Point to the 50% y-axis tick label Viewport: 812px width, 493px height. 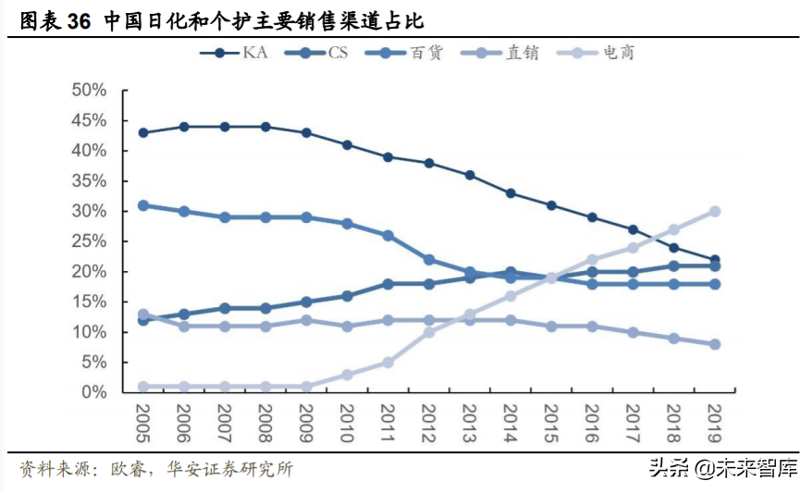pos(89,90)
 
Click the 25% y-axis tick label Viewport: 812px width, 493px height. pos(89,241)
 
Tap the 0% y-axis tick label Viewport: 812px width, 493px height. pos(94,392)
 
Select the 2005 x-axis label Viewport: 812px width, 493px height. pos(143,424)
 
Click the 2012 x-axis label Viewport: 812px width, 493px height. pos(429,424)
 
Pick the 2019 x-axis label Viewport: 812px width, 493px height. pos(714,424)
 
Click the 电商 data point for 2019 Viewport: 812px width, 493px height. pos(714,211)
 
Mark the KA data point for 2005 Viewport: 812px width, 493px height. pos(143,132)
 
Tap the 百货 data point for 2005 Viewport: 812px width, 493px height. pos(143,205)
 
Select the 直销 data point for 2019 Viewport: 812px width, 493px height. pos(714,344)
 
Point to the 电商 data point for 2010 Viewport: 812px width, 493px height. pos(347,375)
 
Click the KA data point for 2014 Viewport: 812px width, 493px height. pos(511,193)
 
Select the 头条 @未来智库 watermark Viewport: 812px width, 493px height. pos(722,469)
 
